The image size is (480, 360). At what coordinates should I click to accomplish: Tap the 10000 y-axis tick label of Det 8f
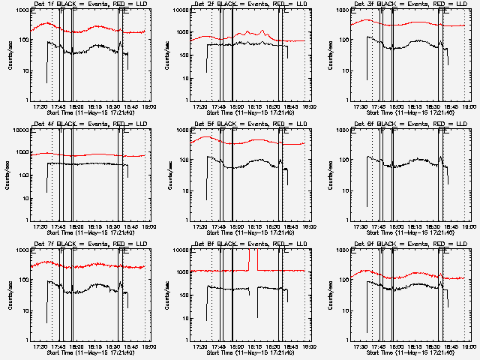point(182,251)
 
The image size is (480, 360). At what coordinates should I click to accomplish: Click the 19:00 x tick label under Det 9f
point(470,346)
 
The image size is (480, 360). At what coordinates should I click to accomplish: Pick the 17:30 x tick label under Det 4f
point(42,226)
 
